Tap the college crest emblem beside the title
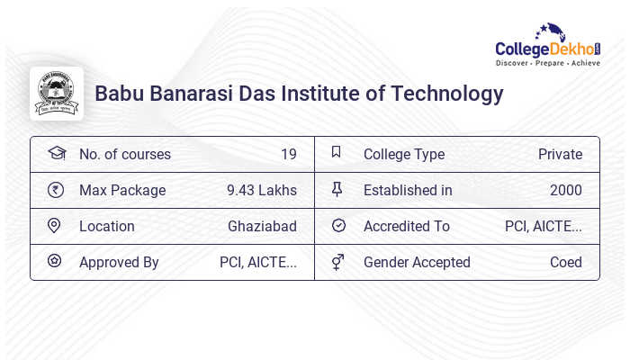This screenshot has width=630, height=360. [57, 94]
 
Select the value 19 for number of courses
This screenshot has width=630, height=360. [288, 154]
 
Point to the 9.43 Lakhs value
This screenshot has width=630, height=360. [261, 190]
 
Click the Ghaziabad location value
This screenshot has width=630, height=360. [262, 226]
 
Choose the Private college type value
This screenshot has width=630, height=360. [560, 154]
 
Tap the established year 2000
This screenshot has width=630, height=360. [565, 190]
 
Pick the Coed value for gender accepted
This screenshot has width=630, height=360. [566, 262]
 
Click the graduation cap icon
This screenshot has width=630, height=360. [56, 153]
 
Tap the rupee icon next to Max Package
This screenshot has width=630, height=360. [55, 189]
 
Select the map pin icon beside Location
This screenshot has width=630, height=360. [54, 225]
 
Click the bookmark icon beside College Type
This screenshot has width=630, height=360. [337, 152]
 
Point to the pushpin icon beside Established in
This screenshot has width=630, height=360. [337, 189]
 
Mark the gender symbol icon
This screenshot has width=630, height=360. [337, 262]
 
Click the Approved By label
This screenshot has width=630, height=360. [119, 262]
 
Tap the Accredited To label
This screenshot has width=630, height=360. [406, 226]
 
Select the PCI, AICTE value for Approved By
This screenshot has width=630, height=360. [257, 262]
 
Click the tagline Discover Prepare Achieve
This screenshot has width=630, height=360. [548, 64]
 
